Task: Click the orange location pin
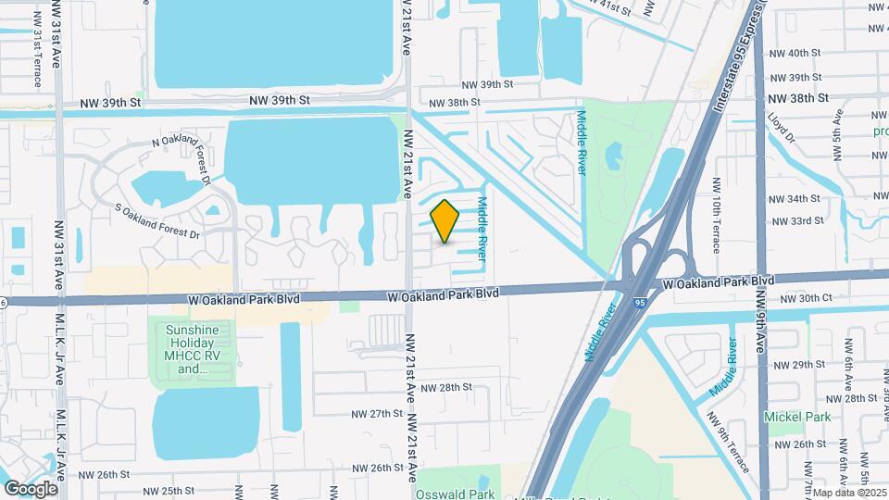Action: (x=445, y=221)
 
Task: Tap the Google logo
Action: (x=31, y=488)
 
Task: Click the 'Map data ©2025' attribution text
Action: (x=849, y=493)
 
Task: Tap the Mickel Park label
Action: (x=795, y=417)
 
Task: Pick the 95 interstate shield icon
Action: (x=640, y=302)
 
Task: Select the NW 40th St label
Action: (x=795, y=53)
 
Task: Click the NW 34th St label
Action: (x=795, y=198)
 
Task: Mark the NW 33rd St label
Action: (x=799, y=220)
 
